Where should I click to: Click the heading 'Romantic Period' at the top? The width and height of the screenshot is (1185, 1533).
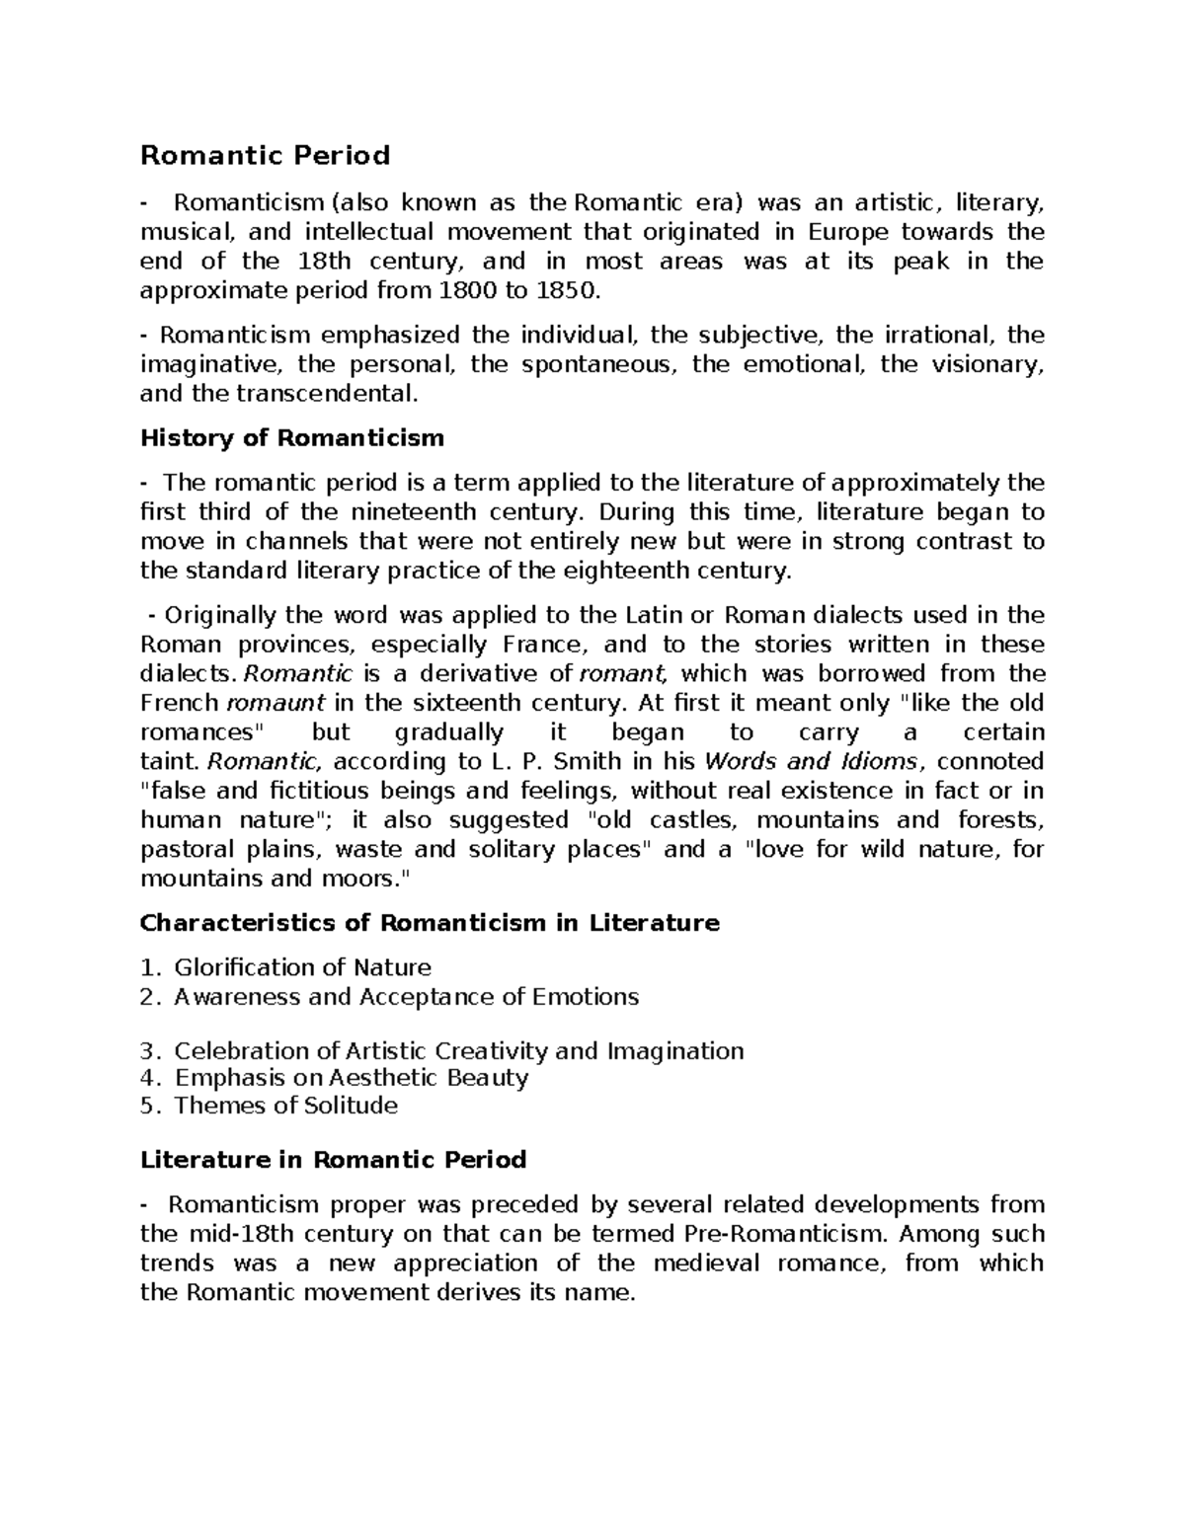click(x=265, y=156)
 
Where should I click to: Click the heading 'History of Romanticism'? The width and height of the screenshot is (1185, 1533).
click(x=292, y=437)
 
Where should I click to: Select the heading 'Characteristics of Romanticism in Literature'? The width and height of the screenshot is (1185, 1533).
click(x=430, y=923)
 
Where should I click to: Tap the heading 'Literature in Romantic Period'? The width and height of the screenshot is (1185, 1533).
click(x=333, y=1159)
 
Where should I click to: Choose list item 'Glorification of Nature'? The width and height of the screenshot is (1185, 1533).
click(x=302, y=967)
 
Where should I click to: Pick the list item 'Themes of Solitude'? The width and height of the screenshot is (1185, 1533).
click(x=285, y=1105)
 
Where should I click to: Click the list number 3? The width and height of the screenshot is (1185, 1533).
click(x=148, y=1050)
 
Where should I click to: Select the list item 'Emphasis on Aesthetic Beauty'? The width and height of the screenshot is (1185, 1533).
click(x=351, y=1077)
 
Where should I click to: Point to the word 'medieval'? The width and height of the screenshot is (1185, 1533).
click(x=707, y=1264)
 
